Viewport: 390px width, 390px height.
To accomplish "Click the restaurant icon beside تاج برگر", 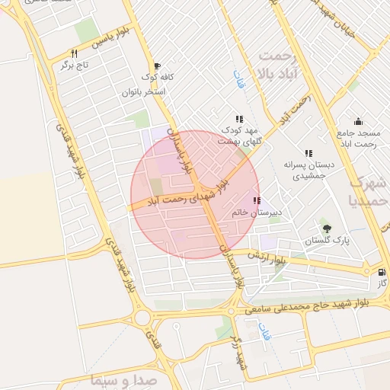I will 74,54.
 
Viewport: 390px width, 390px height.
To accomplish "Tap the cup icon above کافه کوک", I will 157,66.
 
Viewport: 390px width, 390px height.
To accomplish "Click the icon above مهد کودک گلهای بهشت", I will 239,119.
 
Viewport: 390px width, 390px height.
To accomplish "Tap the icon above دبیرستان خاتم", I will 255,201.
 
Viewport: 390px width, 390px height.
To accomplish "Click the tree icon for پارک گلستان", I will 328,229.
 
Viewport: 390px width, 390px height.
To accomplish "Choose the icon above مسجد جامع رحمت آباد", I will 357,122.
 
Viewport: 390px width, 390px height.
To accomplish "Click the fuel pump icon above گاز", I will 381,272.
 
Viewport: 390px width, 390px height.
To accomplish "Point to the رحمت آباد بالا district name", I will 282,64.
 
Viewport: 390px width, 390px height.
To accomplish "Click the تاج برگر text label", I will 75,66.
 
